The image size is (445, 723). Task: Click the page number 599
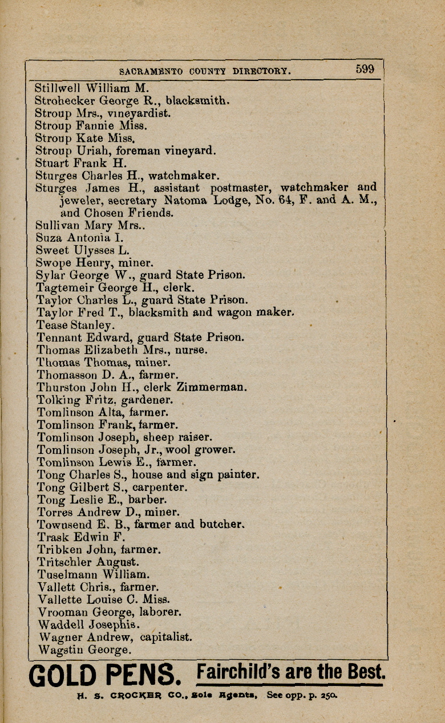[x=365, y=69]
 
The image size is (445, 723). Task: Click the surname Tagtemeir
[x=66, y=288]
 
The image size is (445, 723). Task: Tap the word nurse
[x=190, y=350]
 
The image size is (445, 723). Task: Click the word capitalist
[x=166, y=636]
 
